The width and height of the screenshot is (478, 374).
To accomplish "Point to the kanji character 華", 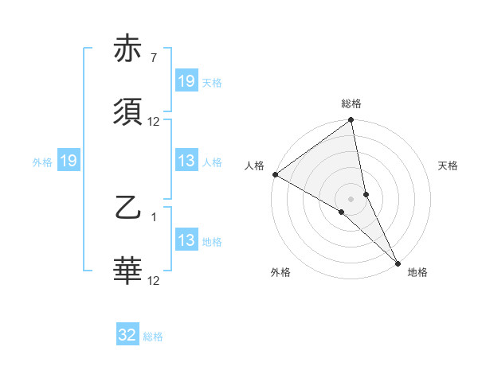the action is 128,271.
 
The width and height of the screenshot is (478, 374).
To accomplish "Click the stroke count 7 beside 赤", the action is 153,58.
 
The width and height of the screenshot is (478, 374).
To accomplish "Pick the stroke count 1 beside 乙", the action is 153,216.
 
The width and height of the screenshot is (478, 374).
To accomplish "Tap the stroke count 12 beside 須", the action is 154,122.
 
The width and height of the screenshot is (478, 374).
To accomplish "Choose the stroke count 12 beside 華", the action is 154,280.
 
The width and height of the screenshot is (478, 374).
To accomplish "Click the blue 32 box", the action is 127,335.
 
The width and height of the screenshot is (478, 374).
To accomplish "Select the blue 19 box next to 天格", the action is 186,81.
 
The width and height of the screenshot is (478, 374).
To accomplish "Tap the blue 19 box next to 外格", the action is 69,161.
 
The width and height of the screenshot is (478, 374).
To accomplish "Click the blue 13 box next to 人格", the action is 186,161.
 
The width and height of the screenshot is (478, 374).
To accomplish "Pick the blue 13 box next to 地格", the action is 186,240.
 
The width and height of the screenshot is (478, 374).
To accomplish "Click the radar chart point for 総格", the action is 351,121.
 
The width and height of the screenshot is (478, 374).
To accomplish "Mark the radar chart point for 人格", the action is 275,174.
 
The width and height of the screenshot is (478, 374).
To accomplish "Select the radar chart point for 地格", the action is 398,263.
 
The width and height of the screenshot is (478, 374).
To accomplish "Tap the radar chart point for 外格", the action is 342,212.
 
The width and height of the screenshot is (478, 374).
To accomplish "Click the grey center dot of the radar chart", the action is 351,198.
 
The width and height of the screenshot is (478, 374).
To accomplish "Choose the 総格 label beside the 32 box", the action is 154,337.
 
